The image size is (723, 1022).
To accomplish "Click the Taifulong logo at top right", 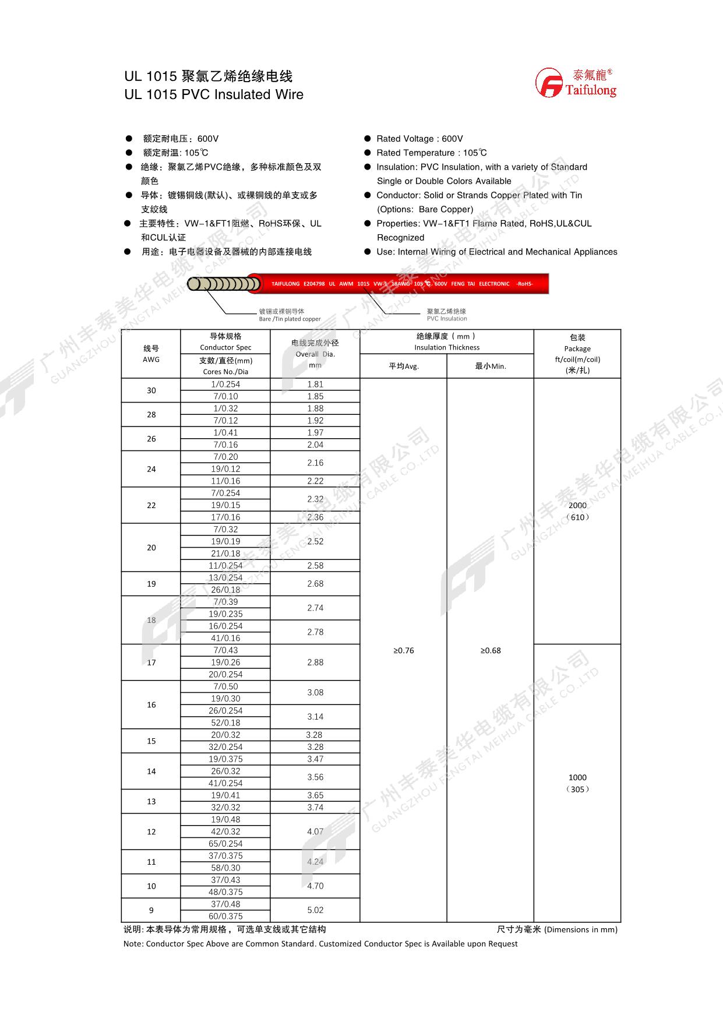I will click(x=576, y=83).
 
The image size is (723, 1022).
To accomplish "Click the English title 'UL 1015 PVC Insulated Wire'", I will click(x=213, y=94).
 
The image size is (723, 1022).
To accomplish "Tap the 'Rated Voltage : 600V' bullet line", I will click(x=419, y=139).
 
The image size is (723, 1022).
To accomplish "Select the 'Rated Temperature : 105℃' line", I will click(x=431, y=153).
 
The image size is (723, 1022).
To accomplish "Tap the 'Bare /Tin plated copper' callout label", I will click(x=290, y=319).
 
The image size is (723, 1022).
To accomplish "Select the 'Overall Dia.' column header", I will click(x=315, y=354).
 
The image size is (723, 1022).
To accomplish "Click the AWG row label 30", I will click(x=151, y=390).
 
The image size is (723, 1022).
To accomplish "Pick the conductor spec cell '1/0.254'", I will click(x=225, y=384).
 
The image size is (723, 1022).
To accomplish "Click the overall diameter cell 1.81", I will click(x=315, y=384).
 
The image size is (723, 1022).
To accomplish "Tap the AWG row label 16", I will click(x=151, y=704).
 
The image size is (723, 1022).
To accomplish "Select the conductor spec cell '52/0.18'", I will click(x=225, y=723).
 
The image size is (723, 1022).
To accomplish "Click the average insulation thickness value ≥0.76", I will click(x=403, y=650).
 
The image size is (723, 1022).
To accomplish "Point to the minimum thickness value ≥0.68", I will click(x=490, y=650).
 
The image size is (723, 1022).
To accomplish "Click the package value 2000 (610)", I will click(x=577, y=511).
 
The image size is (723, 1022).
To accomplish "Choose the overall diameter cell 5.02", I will click(x=315, y=910).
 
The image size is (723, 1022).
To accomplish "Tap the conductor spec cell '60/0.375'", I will click(x=225, y=916).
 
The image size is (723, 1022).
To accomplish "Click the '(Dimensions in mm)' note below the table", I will click(x=580, y=929).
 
